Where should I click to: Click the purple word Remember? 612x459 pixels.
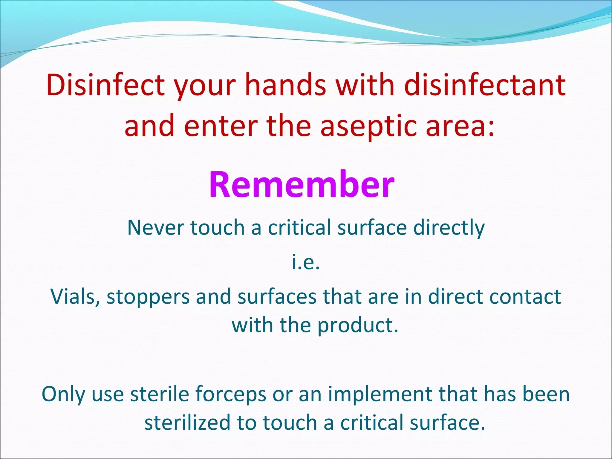302,184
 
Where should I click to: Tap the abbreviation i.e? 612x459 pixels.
306,262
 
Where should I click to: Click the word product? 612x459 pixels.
357,325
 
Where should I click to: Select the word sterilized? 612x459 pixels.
187,423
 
